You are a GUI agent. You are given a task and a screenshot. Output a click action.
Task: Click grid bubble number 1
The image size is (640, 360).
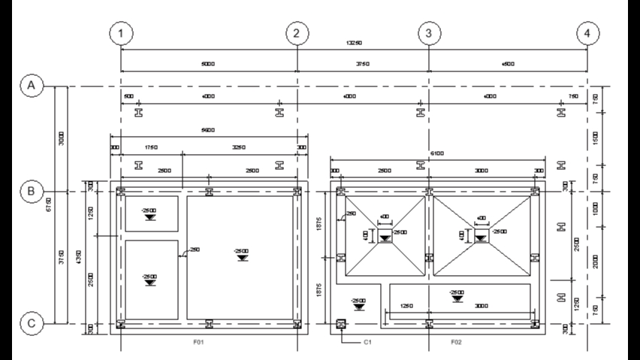click(121, 34)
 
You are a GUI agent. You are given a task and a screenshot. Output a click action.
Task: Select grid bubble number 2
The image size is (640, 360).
click(297, 34)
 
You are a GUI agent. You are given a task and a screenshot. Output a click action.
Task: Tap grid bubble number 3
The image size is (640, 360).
click(428, 34)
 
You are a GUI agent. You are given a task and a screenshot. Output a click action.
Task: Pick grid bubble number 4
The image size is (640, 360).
click(588, 34)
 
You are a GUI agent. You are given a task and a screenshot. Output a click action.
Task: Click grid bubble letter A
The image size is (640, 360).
click(32, 86)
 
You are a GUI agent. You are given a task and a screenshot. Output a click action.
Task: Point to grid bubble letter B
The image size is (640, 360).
click(32, 192)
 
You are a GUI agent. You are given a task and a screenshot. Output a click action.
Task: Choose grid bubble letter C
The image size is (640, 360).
click(32, 324)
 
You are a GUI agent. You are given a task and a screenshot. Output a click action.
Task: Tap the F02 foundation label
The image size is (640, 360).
click(456, 342)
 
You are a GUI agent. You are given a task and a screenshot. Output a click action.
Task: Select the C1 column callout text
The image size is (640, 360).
click(368, 342)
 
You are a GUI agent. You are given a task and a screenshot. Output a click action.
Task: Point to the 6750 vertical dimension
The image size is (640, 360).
click(50, 205)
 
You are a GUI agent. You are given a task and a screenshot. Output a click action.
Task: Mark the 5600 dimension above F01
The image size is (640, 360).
click(208, 130)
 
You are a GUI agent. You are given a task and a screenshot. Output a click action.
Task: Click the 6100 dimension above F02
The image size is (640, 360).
click(436, 153)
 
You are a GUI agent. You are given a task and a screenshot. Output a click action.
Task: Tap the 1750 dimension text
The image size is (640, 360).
click(150, 147)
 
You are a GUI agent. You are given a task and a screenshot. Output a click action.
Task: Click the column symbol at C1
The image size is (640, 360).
click(342, 324)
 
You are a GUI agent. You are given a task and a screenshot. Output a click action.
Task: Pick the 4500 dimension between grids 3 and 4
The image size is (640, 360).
click(508, 64)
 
